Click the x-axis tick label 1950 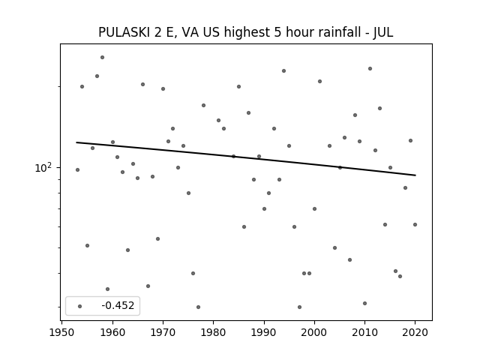click(x=62, y=332)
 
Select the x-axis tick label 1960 click(x=112, y=332)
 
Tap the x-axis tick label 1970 click(x=163, y=332)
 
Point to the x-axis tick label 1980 click(x=213, y=332)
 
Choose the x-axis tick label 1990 click(x=264, y=332)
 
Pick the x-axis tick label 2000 click(x=314, y=332)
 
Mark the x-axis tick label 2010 click(x=364, y=332)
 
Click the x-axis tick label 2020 click(x=415, y=332)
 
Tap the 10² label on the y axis click(x=43, y=168)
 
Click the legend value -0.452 click(x=118, y=305)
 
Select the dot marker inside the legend click(x=80, y=306)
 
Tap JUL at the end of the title click(x=383, y=32)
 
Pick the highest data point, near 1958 click(x=102, y=57)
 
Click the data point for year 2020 click(x=415, y=224)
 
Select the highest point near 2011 click(x=370, y=68)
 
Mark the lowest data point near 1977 click(x=198, y=307)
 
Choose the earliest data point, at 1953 click(x=77, y=169)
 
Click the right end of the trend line click(x=415, y=175)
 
